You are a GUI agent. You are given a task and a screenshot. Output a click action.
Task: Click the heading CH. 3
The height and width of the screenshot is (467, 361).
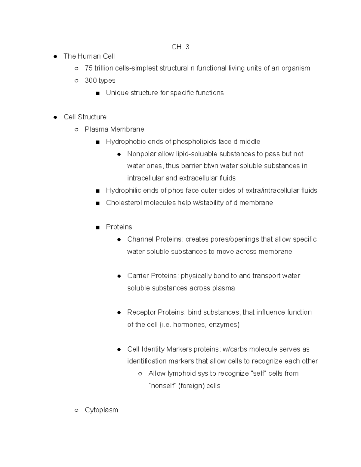coord(180,47)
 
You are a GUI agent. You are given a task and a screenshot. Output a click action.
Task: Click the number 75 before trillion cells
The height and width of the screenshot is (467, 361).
coord(88,68)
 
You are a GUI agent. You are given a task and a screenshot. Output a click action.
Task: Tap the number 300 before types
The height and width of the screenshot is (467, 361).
coord(91,81)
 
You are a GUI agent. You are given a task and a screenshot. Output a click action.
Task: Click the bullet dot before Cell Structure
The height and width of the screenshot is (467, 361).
coord(55,117)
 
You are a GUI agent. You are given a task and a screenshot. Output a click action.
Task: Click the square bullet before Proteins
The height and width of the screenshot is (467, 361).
coord(97,228)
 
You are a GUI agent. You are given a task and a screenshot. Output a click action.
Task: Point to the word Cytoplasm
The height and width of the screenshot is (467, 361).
coord(101,410)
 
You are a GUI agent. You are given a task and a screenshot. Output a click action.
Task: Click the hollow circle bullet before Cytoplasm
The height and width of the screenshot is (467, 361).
coord(76,410)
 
